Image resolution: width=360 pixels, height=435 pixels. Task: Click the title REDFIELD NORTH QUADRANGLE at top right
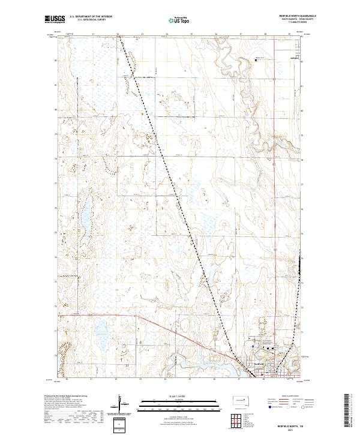tap(297, 16)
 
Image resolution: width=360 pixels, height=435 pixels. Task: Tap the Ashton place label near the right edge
tap(294, 59)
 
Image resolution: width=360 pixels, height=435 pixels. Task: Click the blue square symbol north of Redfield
tap(254, 346)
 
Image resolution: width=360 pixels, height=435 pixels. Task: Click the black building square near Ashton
tap(256, 59)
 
